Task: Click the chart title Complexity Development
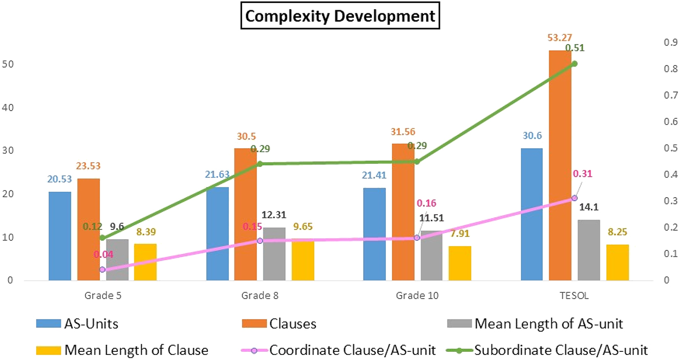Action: (340, 16)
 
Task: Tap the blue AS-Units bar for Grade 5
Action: (60, 236)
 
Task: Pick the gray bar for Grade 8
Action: (274, 254)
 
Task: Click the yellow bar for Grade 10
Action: (460, 263)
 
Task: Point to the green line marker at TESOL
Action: (574, 63)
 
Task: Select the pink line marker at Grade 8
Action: (260, 241)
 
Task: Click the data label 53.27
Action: (559, 38)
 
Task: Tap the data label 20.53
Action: (60, 180)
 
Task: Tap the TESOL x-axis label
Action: (574, 295)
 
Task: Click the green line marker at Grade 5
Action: (102, 238)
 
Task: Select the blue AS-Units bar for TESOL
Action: (532, 214)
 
